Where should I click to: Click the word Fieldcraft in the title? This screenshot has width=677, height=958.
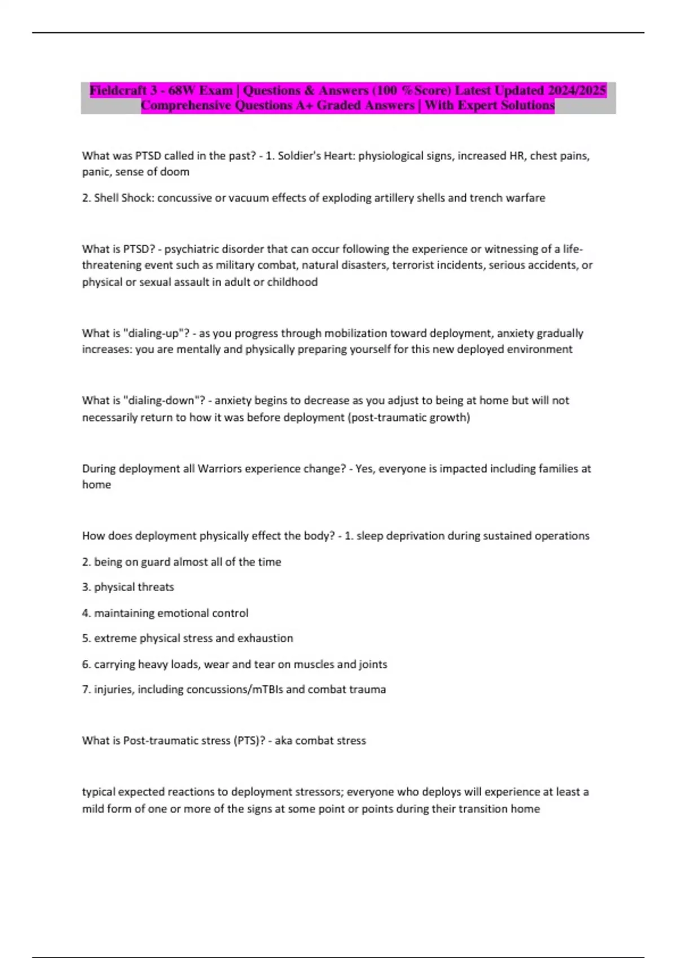tap(118, 90)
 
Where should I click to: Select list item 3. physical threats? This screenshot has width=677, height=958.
tap(128, 587)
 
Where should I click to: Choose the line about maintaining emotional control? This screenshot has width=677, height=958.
tap(165, 613)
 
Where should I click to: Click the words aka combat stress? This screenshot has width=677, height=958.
tap(320, 740)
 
